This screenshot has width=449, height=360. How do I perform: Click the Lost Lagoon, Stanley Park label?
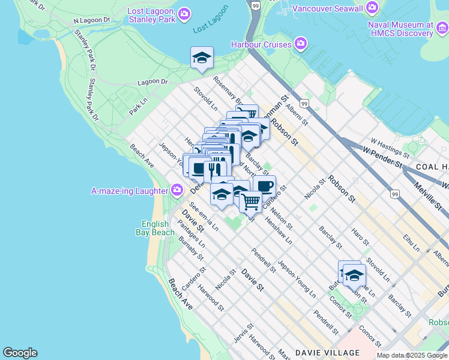[151, 15]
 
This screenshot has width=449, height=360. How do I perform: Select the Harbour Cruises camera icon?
[301, 44]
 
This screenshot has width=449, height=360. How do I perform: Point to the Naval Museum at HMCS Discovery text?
[401, 29]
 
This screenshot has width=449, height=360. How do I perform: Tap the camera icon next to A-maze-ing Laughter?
[176, 191]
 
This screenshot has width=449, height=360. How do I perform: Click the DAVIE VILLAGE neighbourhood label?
[327, 353]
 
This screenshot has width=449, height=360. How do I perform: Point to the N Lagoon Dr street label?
[92, 20]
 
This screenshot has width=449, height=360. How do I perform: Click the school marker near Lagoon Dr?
[202, 58]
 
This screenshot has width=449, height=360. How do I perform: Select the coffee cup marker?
[264, 185]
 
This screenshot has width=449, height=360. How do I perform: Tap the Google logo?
[20, 353]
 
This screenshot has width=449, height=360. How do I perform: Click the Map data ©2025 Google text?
[412, 355]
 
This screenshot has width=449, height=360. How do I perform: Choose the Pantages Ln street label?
[191, 234]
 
